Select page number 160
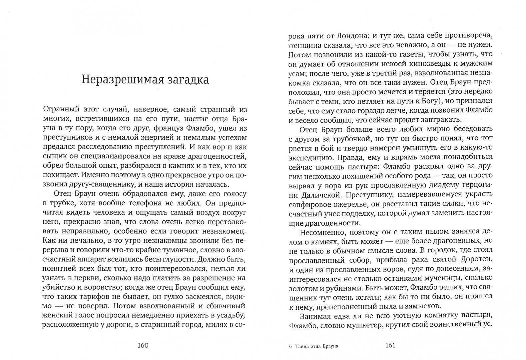(x=143, y=345)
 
